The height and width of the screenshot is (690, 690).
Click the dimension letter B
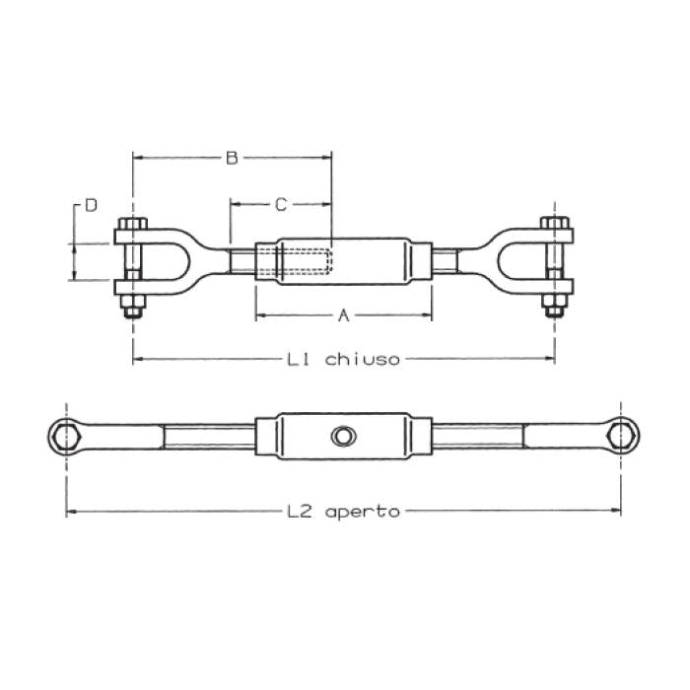pos(232,158)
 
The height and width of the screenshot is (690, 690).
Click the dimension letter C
pos(280,205)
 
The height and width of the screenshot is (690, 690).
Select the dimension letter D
pos(91,205)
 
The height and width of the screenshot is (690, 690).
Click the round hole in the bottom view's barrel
pos(342,436)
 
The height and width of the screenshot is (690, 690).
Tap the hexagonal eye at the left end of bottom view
pos(67,433)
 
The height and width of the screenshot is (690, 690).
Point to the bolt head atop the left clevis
pos(131,223)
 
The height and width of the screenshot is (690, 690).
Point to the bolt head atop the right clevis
pos(556,223)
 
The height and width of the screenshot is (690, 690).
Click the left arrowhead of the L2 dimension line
pos(72,512)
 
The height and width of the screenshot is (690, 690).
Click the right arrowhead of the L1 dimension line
pos(549,360)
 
